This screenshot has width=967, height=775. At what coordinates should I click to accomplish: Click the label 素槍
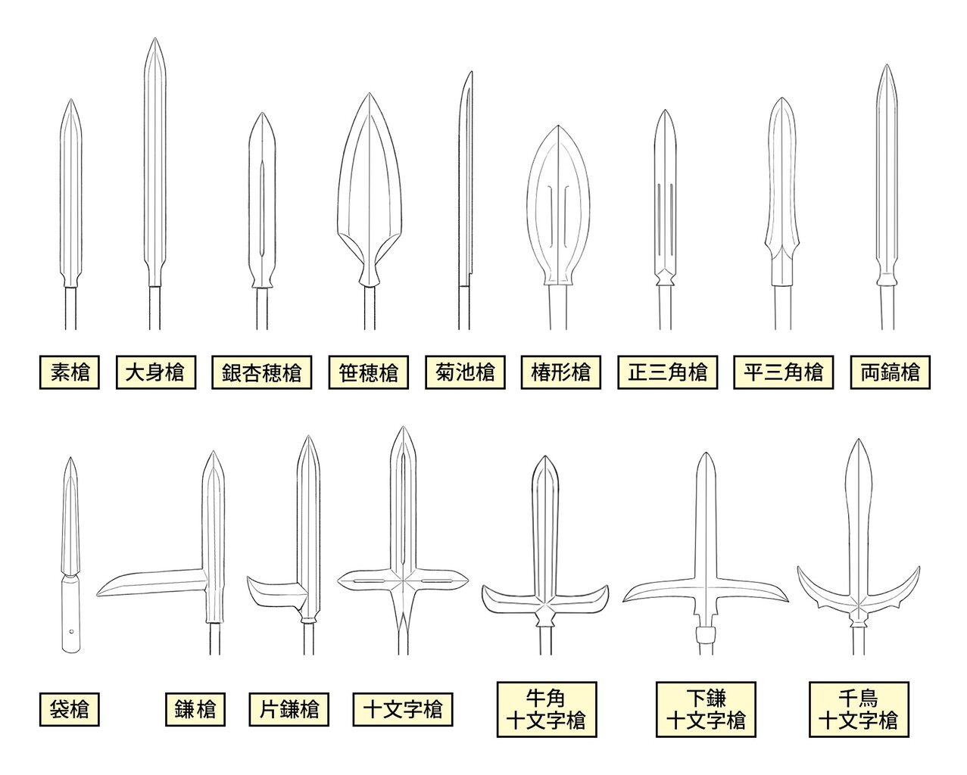click(x=69, y=372)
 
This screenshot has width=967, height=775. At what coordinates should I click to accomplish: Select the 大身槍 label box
click(x=156, y=372)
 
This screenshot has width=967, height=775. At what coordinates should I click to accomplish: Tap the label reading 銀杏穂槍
click(x=261, y=372)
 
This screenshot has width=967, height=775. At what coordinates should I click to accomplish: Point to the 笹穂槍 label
click(x=369, y=372)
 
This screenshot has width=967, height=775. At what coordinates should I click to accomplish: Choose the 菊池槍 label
click(x=465, y=372)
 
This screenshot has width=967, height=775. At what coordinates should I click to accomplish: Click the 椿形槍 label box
click(x=561, y=372)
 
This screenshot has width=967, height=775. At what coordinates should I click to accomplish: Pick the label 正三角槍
click(x=668, y=372)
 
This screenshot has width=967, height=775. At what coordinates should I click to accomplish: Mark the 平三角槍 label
click(x=783, y=372)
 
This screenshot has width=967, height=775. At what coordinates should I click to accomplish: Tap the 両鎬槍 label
click(x=891, y=372)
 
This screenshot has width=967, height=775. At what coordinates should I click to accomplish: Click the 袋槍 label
click(x=69, y=709)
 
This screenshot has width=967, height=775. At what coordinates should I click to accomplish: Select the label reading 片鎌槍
click(x=289, y=709)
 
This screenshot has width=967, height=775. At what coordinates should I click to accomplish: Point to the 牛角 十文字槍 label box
click(x=547, y=709)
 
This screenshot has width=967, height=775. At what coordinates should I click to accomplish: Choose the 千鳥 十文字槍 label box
click(x=859, y=709)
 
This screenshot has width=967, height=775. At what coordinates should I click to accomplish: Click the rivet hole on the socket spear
click(x=72, y=632)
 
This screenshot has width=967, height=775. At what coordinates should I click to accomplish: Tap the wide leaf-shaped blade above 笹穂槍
click(x=369, y=188)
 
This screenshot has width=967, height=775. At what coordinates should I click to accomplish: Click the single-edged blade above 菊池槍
click(x=466, y=179)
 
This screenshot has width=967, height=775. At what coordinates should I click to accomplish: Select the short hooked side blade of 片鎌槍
click(x=274, y=594)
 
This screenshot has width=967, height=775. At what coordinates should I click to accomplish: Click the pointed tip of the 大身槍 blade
click(x=155, y=38)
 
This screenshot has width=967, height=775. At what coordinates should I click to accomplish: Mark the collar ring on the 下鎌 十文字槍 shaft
click(x=706, y=635)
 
